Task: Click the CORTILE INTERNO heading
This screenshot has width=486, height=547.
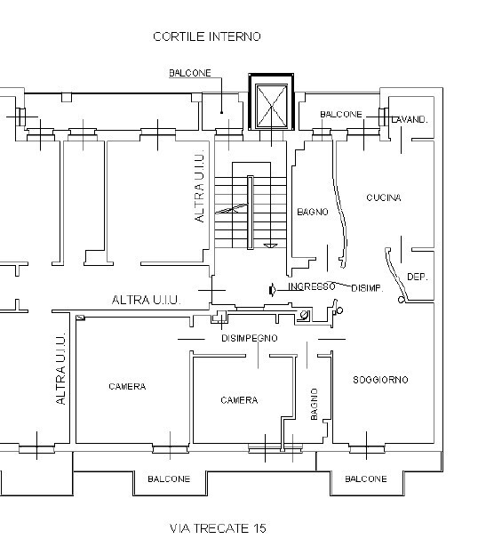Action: [207, 36]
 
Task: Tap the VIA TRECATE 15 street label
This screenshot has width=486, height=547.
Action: [218, 528]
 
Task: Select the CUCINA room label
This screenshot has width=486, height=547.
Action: [384, 197]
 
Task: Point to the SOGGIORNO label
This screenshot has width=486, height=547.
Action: [380, 380]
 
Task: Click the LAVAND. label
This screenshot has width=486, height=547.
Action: [410, 120]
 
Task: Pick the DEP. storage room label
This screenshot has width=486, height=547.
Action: [417, 277]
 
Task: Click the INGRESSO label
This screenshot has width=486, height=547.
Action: [312, 286]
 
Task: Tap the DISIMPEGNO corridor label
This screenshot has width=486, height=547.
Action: [250, 338]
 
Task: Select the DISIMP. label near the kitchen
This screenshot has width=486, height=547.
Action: [367, 288]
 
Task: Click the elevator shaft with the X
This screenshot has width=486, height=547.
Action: [271, 102]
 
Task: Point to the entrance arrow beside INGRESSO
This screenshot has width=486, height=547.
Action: [273, 290]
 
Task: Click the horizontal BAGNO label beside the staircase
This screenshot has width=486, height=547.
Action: [313, 212]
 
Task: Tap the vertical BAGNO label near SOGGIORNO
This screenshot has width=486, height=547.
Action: [314, 404]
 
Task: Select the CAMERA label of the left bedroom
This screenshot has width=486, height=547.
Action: [127, 387]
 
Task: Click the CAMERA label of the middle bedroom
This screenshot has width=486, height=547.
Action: [239, 400]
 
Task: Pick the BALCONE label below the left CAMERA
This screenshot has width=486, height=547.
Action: [169, 479]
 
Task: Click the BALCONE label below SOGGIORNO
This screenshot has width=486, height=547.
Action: [366, 479]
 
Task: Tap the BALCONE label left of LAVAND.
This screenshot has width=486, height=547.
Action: [341, 115]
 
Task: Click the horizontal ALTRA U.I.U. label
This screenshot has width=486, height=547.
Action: [146, 300]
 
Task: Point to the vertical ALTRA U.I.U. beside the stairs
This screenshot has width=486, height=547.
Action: [199, 187]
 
